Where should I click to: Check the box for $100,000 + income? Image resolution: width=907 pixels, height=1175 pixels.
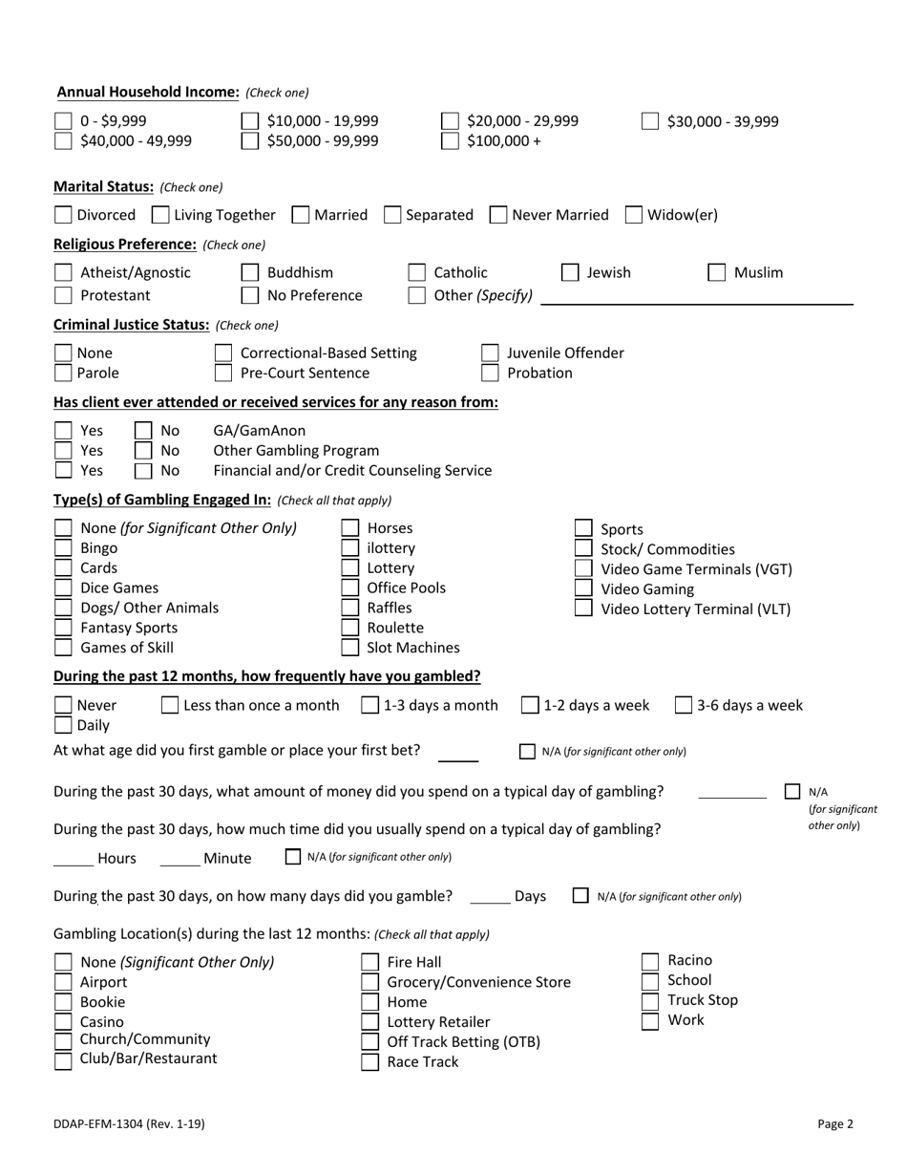click(450, 141)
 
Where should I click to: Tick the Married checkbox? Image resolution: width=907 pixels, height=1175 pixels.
click(300, 215)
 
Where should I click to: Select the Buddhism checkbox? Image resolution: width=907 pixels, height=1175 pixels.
click(250, 273)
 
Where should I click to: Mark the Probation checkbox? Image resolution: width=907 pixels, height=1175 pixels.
click(490, 374)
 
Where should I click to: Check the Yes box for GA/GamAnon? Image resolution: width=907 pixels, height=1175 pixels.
click(63, 431)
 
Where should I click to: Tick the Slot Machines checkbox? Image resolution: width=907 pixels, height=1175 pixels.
click(350, 648)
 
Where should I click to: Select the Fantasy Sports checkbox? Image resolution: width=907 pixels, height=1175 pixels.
click(63, 628)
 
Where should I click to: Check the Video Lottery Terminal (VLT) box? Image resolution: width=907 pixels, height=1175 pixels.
click(583, 609)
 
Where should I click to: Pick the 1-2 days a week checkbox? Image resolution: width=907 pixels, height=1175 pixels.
click(530, 706)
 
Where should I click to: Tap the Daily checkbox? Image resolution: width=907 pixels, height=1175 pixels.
click(63, 725)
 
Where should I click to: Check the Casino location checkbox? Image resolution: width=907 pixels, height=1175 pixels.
click(63, 1021)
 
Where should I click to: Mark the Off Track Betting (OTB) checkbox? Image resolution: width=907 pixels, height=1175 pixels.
click(369, 1042)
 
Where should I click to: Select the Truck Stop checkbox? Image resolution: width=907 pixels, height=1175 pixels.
click(650, 1001)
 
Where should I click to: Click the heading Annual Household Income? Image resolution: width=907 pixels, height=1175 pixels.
click(148, 92)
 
